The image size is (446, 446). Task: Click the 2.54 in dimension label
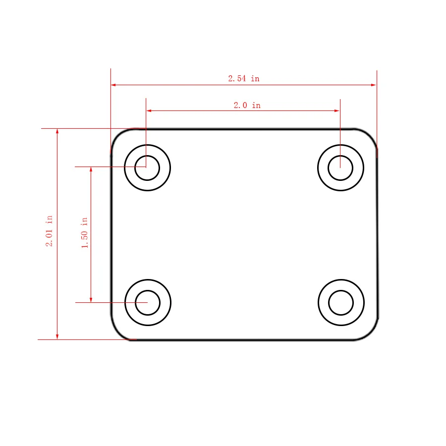pos(244,78)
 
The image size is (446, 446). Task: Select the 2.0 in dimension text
pos(247,105)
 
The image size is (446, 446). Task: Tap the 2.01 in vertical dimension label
pos(49,231)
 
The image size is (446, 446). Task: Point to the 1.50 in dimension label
pos(84,233)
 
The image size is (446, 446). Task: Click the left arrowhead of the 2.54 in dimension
pos(113,85)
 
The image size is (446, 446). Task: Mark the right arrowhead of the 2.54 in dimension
pos(374,85)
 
